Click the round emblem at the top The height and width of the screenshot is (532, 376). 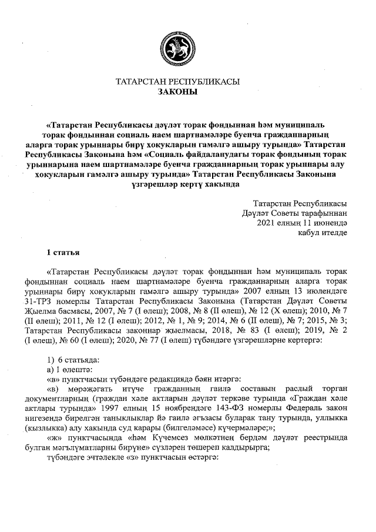click(177, 46)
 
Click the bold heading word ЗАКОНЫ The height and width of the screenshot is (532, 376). click(178, 92)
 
